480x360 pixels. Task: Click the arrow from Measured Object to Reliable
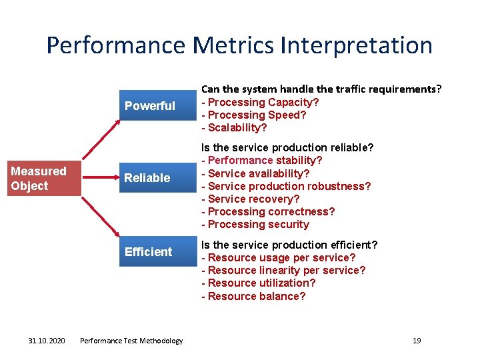100,178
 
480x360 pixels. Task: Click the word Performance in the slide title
116,45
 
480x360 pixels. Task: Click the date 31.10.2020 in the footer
47,341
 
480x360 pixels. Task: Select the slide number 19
417,341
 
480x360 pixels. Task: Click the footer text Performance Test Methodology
131,341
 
